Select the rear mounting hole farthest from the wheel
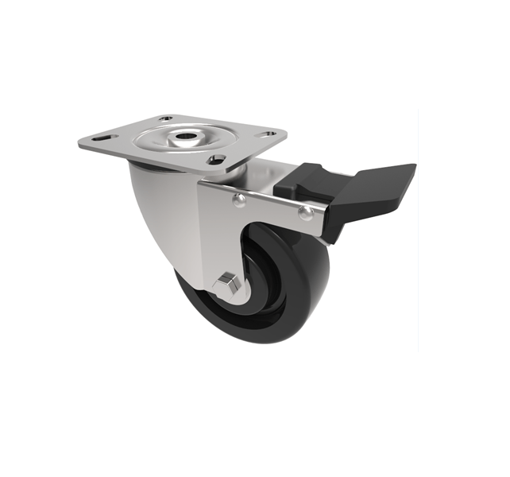(165, 119)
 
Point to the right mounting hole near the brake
(269, 134)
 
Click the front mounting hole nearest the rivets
(213, 160)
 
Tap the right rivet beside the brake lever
(304, 211)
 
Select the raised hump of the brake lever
(303, 176)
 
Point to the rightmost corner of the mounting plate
(285, 134)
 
